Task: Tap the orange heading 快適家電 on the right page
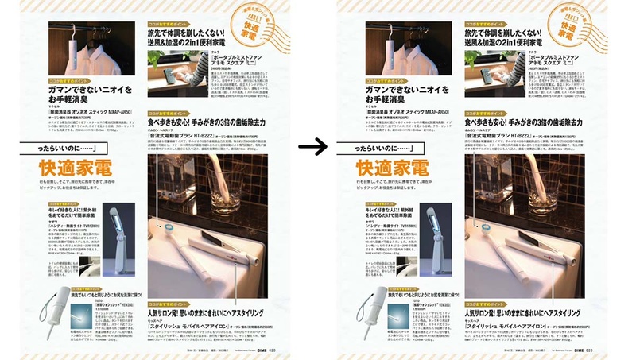point(394,168)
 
